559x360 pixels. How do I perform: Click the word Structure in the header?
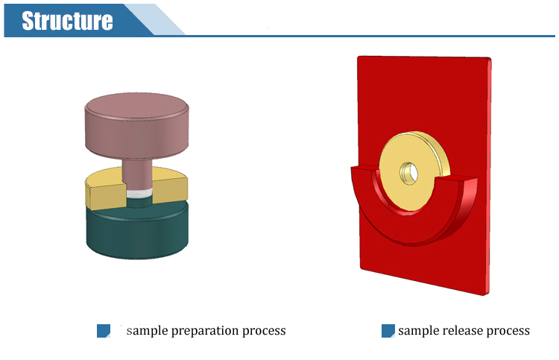67,21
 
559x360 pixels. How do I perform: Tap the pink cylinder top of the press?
137,125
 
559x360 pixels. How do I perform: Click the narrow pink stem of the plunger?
137,174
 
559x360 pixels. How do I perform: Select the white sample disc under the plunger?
139,194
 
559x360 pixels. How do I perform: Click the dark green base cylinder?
137,230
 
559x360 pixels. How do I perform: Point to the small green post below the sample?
139,203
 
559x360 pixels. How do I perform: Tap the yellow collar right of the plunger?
170,186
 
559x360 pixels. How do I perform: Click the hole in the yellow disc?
409,173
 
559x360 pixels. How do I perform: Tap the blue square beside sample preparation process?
104,331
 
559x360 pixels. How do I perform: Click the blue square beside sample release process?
388,331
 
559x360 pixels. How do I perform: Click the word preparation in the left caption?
205,331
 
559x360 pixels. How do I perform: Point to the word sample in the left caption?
148,331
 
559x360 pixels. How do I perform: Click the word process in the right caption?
508,331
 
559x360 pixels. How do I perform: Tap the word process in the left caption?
264,331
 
